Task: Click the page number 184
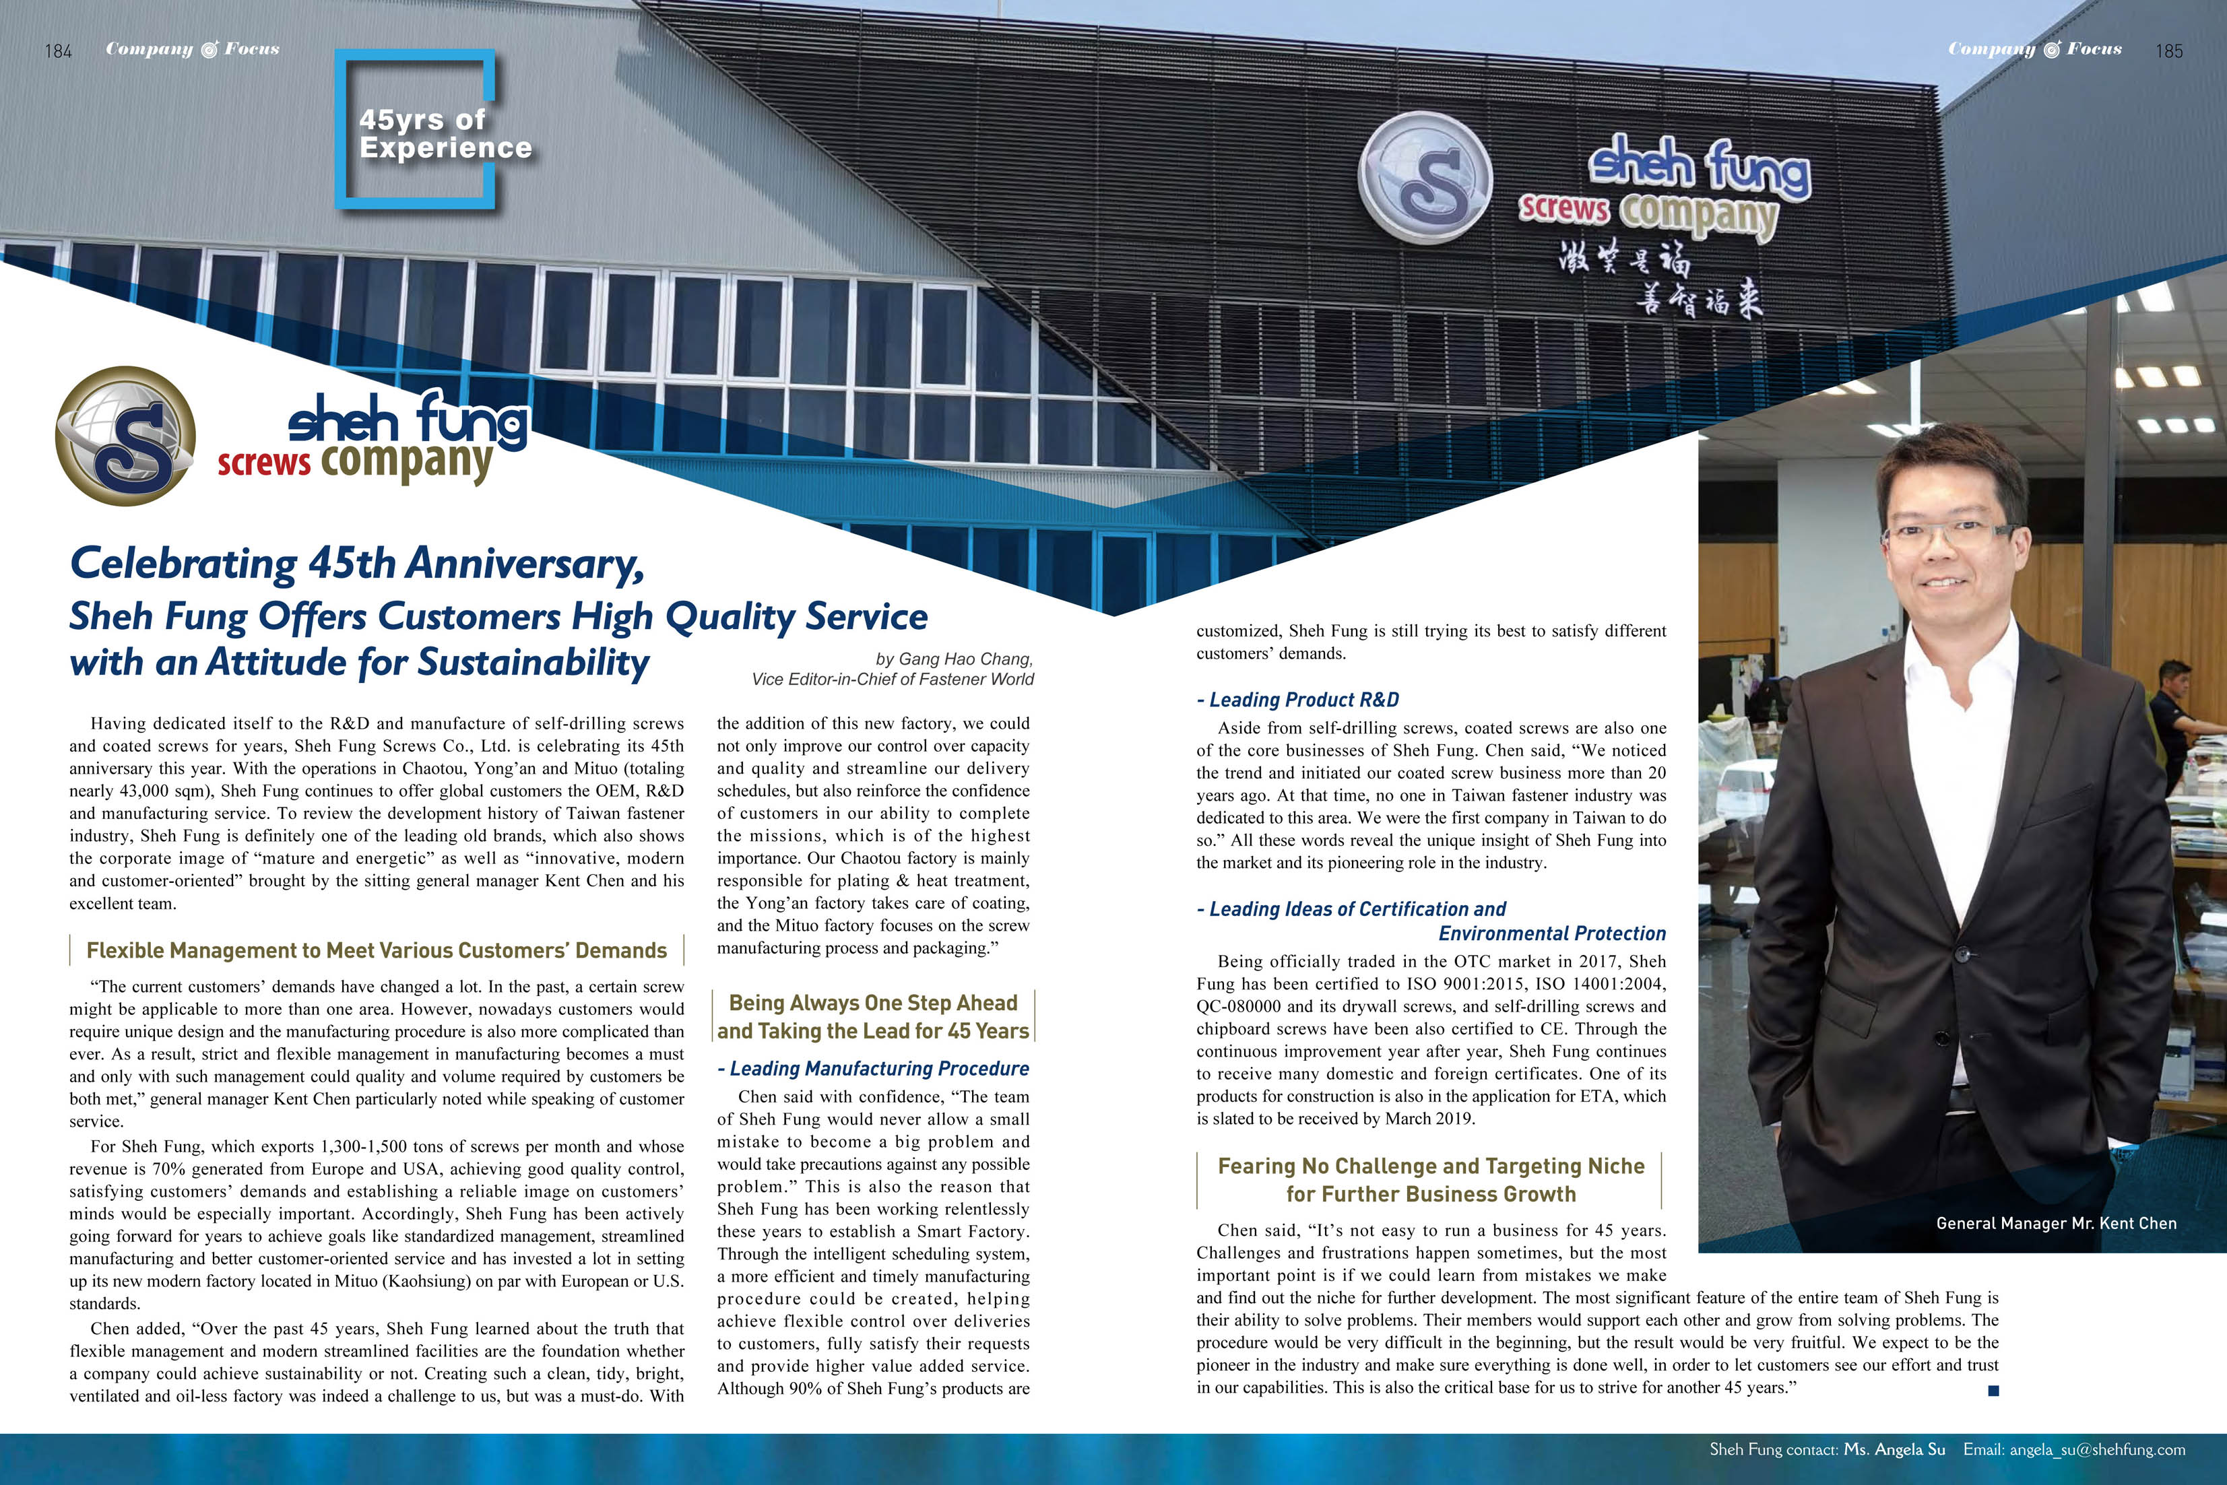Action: tap(58, 51)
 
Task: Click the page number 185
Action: tap(2168, 51)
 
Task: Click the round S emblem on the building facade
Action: tap(1425, 178)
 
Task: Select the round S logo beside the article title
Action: tap(126, 436)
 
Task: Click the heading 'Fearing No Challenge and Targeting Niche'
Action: tap(1430, 1166)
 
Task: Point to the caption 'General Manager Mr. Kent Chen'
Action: tap(2055, 1222)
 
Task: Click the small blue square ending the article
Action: tap(1993, 1390)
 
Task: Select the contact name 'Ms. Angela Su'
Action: tap(1894, 1449)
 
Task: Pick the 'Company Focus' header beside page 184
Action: tap(192, 49)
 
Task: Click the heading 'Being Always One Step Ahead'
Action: tap(872, 1003)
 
